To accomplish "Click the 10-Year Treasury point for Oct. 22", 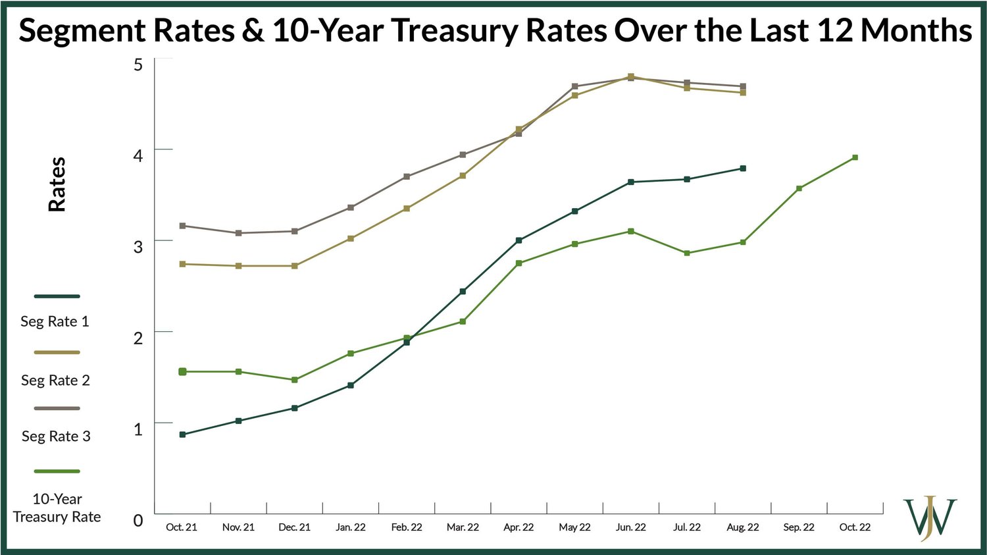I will pyautogui.click(x=855, y=157).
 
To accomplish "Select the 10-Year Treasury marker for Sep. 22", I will pyautogui.click(x=799, y=188).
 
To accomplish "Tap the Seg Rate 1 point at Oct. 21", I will pyautogui.click(x=182, y=435).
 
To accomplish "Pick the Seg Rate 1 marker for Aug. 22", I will pyautogui.click(x=743, y=169).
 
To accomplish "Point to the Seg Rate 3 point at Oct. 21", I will pyautogui.click(x=182, y=226).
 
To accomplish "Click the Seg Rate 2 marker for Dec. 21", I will pyautogui.click(x=294, y=266).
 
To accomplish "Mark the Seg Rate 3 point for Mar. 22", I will pyautogui.click(x=463, y=155).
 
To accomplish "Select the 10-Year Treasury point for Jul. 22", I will pyautogui.click(x=687, y=253).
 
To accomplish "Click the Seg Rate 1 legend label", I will pyautogui.click(x=55, y=321).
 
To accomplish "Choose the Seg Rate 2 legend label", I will pyautogui.click(x=55, y=380).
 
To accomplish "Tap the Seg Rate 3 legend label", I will pyautogui.click(x=56, y=436).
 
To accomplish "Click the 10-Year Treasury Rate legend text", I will pyautogui.click(x=57, y=508).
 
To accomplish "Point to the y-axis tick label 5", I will pyautogui.click(x=138, y=65).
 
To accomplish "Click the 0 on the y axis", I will pyautogui.click(x=138, y=520).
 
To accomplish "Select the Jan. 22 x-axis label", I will pyautogui.click(x=350, y=527).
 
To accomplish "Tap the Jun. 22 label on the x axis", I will pyautogui.click(x=630, y=527).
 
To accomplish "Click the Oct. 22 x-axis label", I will pyautogui.click(x=855, y=527).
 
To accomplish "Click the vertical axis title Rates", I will pyautogui.click(x=57, y=184).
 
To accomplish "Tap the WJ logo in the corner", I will pyautogui.click(x=930, y=518).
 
